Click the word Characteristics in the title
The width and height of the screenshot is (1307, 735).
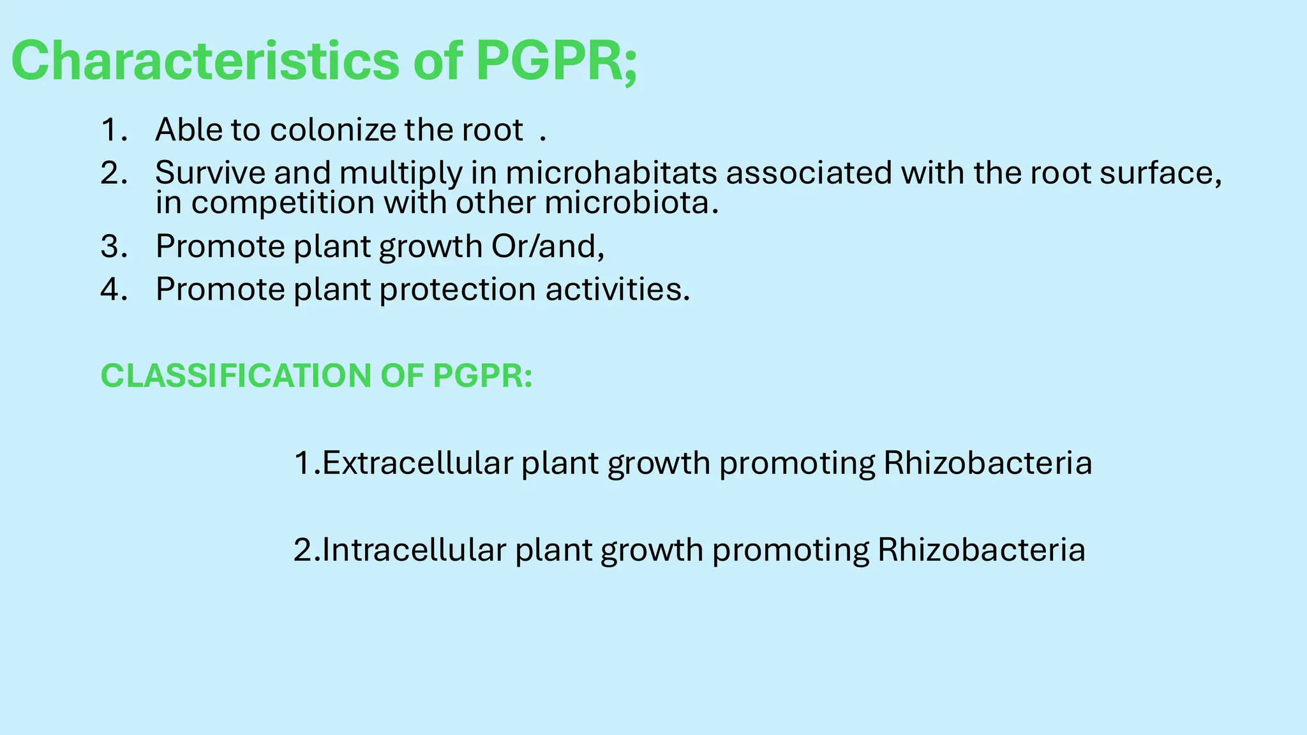204,61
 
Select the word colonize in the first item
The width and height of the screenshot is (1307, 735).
333,130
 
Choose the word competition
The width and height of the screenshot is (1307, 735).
283,204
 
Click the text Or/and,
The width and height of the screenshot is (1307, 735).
547,247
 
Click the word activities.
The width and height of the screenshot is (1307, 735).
617,290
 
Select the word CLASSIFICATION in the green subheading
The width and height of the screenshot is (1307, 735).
235,376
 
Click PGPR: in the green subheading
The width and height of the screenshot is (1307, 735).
482,376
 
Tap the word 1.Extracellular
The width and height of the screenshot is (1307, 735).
403,463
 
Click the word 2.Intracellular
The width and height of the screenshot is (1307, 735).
400,550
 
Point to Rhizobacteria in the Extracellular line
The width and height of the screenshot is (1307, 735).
987,463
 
